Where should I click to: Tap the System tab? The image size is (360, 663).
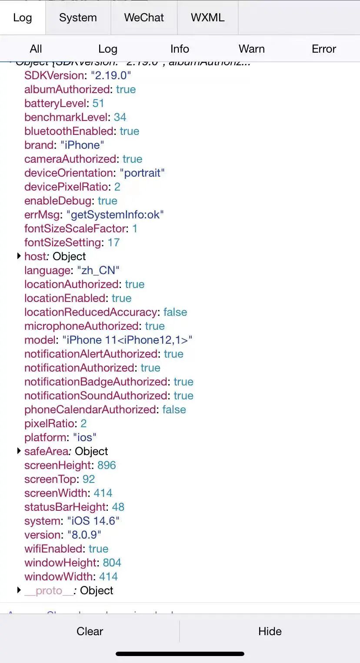pos(78,18)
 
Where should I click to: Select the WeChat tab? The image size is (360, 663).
pos(144,18)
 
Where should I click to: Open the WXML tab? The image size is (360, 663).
pos(207,18)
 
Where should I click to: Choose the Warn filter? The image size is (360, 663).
pos(251,49)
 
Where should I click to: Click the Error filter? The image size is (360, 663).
pos(323,49)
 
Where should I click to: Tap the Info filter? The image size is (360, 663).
pos(180,49)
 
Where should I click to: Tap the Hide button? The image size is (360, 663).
pos(270,631)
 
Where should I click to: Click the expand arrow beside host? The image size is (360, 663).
pos(19,256)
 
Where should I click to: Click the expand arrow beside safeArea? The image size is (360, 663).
pos(19,451)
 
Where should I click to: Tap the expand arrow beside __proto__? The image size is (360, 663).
pos(19,590)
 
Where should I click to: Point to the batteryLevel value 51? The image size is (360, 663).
pos(98,103)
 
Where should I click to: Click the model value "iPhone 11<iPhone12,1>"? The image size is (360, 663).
pos(127,340)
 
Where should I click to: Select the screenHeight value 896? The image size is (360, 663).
pos(107,465)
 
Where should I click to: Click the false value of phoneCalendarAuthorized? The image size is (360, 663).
pos(174,409)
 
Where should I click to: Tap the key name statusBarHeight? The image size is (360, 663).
pos(65,507)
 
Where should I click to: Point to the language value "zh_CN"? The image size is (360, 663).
pos(98,270)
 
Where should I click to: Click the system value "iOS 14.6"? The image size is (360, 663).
pos(93,521)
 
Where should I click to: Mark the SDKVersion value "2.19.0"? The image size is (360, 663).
pos(111,75)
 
